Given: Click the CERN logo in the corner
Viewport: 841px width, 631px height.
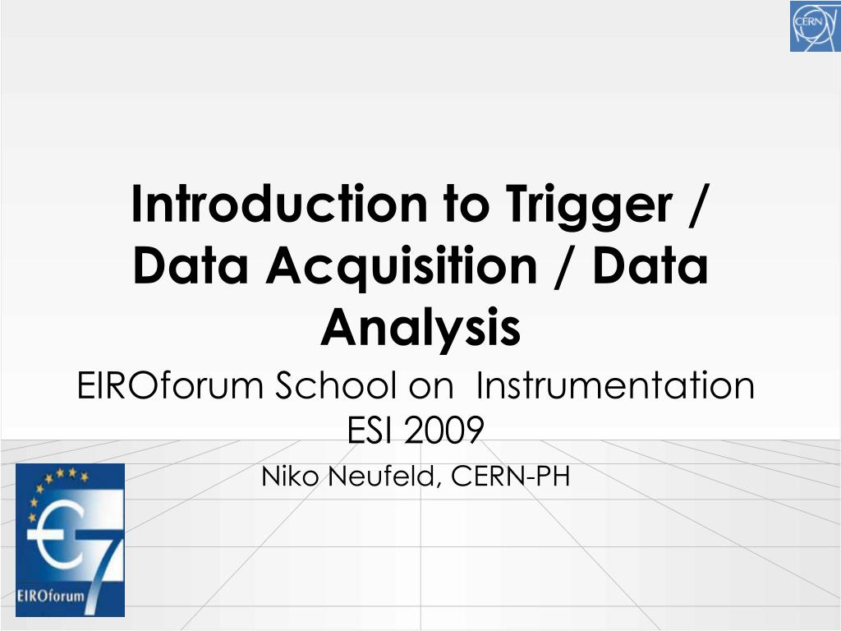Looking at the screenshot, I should pyautogui.click(x=814, y=26).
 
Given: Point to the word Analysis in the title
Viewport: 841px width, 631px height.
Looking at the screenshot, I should pyautogui.click(x=420, y=327).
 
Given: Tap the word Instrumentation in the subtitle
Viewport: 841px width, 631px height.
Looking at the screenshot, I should pyautogui.click(x=615, y=385).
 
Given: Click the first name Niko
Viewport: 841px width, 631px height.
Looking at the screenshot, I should pyautogui.click(x=290, y=476).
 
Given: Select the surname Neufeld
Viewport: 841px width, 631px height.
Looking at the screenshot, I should pyautogui.click(x=377, y=476).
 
